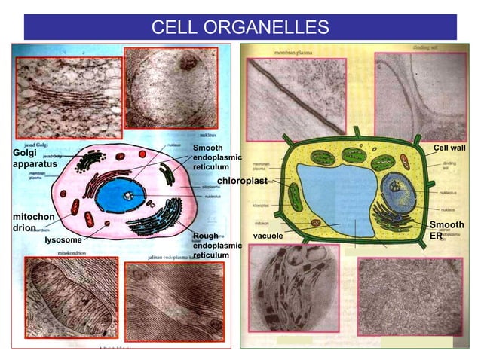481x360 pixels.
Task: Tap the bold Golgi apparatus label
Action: [x=29, y=158]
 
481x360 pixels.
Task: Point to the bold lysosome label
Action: [x=63, y=240]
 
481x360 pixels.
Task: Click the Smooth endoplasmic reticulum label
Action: [x=217, y=157]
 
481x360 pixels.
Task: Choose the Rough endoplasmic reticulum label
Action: [x=217, y=246]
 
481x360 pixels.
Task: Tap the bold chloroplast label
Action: [x=242, y=182]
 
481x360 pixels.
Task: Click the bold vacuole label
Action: [x=268, y=236]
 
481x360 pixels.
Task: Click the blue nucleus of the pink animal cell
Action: [x=121, y=195]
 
